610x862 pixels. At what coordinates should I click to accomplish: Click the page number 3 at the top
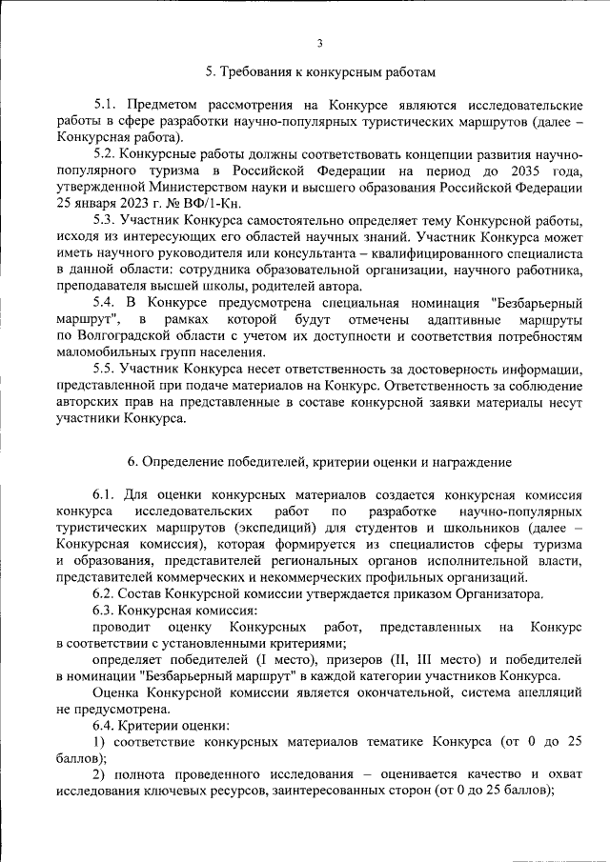(x=320, y=43)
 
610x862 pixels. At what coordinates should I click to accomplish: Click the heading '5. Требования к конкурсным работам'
(x=320, y=71)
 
